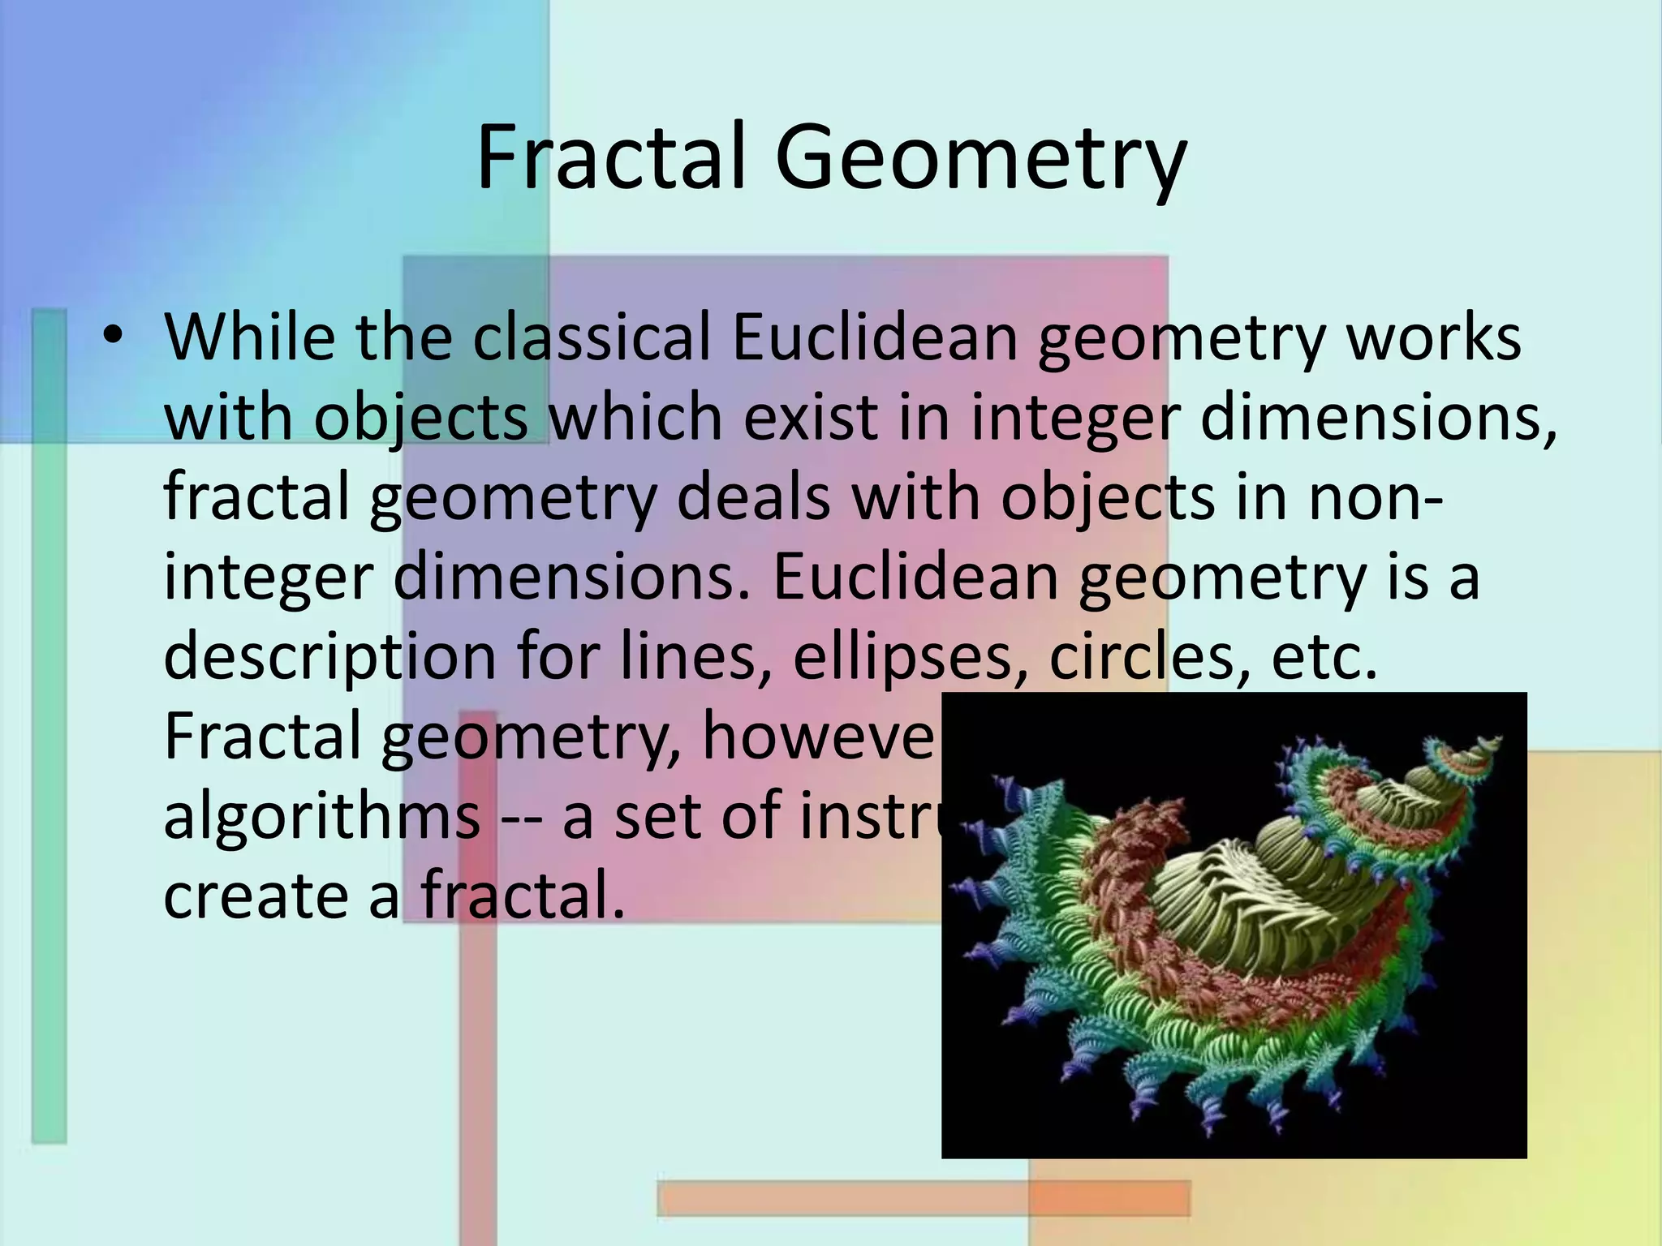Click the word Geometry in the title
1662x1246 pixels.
(980, 159)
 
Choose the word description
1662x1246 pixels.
(329, 657)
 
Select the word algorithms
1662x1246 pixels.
(322, 815)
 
